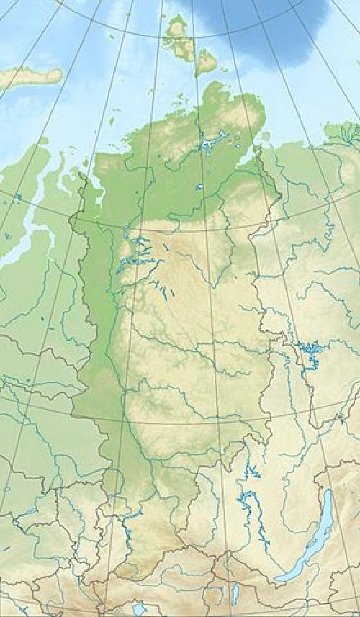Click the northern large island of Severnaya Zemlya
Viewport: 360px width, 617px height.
tap(176, 32)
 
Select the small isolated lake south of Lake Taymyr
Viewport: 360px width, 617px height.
tap(199, 187)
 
